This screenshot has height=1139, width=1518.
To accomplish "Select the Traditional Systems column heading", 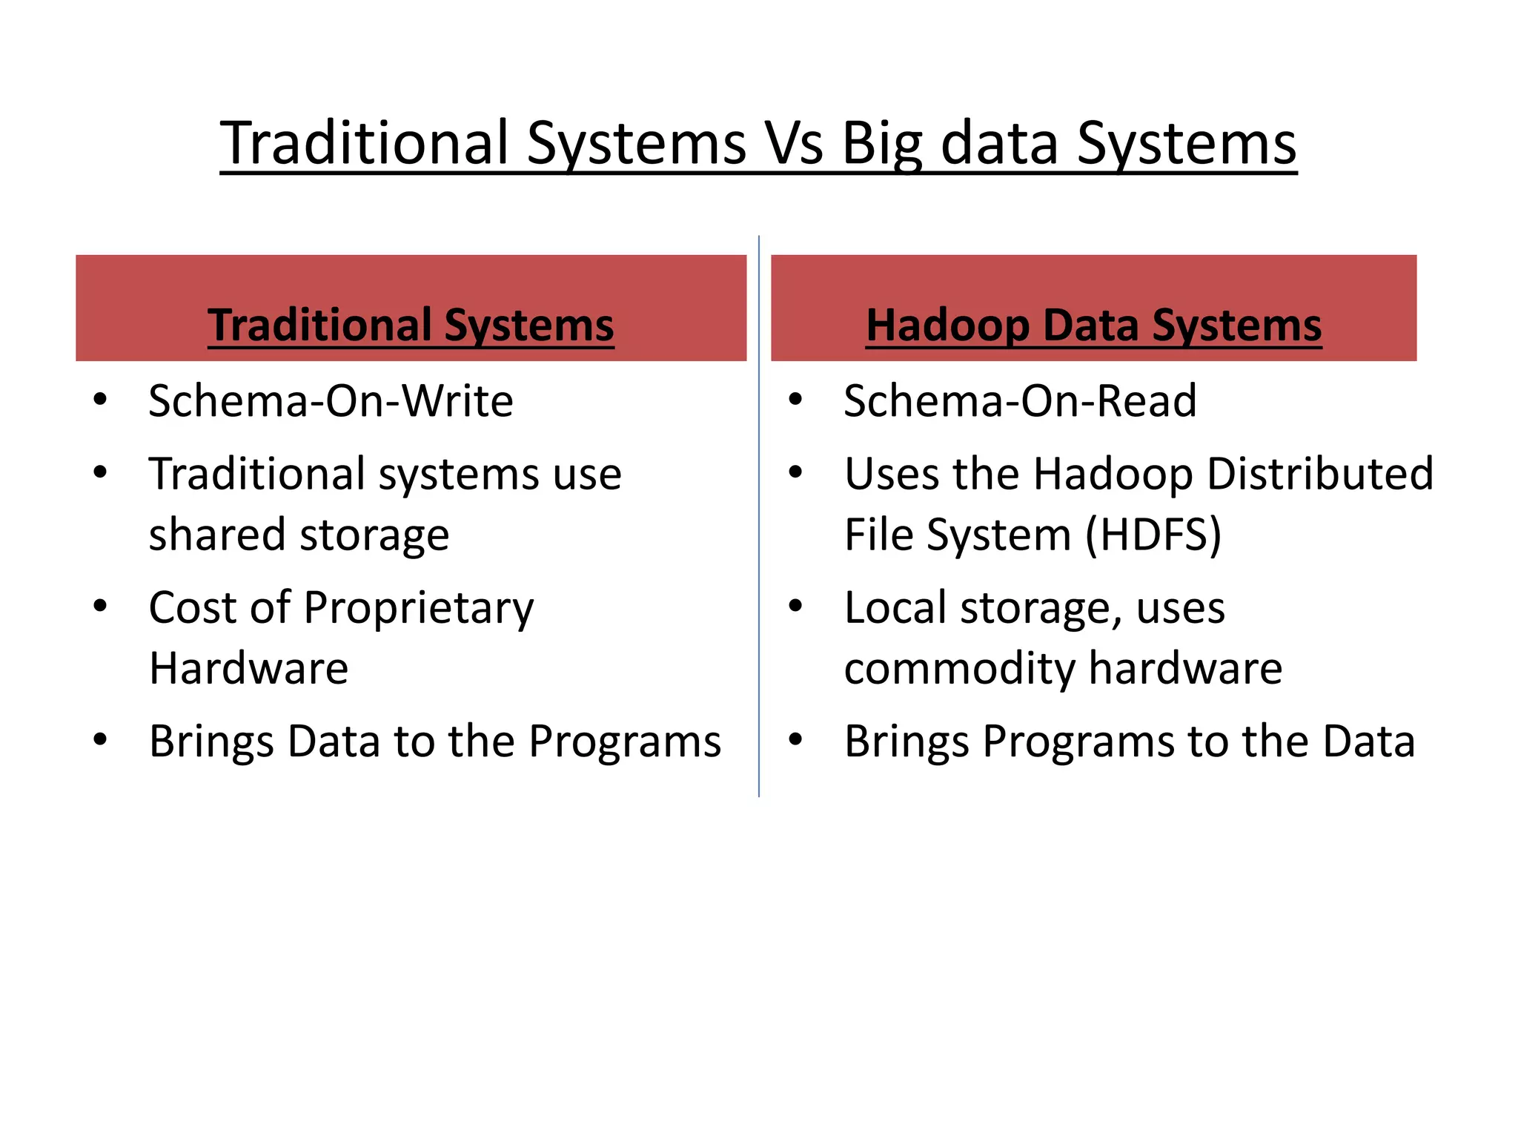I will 411,325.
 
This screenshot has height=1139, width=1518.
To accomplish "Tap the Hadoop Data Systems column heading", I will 1093,325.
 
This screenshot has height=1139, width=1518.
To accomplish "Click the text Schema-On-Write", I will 331,401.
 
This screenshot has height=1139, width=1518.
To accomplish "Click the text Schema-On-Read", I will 1020,401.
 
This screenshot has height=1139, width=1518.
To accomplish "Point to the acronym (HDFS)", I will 1153,534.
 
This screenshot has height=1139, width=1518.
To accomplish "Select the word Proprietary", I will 418,608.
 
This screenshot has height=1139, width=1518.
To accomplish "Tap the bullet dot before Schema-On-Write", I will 101,400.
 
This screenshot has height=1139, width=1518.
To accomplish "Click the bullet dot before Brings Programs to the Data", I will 795,739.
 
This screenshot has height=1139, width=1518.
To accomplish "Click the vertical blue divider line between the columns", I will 759,519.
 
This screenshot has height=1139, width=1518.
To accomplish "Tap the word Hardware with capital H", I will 248,668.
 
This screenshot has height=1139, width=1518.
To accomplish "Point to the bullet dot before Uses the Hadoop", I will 795,472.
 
